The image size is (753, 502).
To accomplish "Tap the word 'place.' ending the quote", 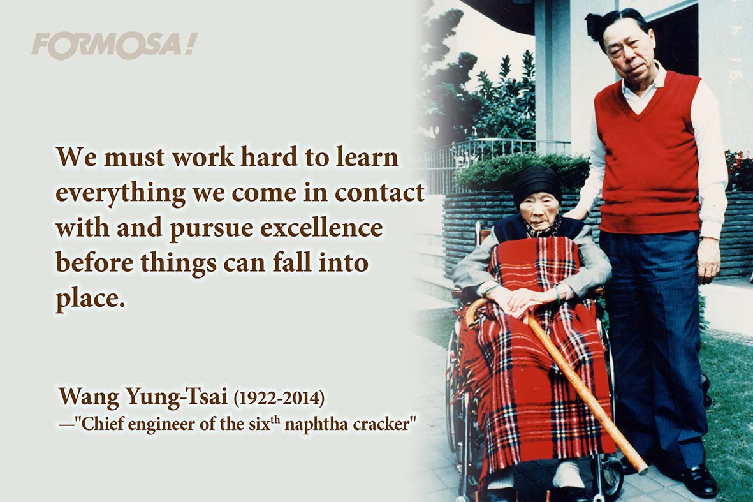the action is pos(91,299).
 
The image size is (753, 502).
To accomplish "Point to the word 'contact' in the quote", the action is pos(379,192).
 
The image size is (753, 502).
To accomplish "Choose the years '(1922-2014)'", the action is pos(279,398).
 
